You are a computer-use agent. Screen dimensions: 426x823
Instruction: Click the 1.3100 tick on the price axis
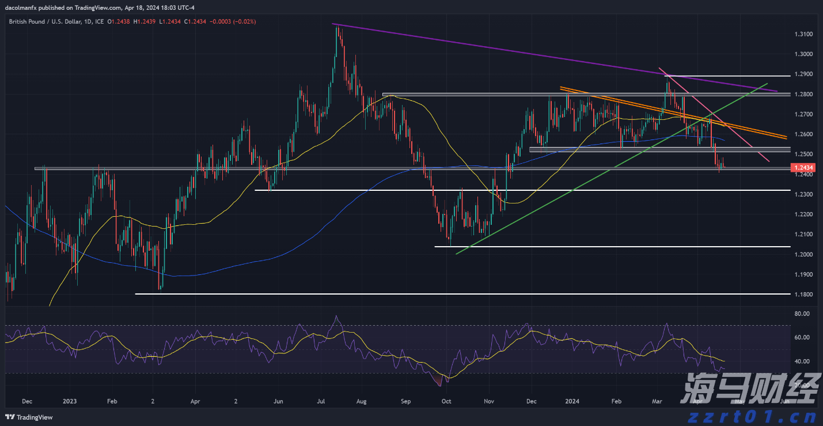[x=803, y=35]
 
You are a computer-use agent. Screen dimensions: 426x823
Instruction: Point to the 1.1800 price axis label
[x=803, y=295]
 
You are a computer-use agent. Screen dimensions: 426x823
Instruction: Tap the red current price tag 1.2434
[x=803, y=168]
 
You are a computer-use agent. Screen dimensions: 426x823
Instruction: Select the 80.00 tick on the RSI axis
[x=802, y=314]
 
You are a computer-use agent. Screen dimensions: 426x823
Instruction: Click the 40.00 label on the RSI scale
[x=802, y=361]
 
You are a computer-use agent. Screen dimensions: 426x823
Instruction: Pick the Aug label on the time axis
[x=362, y=401]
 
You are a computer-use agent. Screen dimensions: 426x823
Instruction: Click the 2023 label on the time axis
[x=69, y=401]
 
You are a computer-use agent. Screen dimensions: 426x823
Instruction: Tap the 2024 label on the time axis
[x=572, y=401]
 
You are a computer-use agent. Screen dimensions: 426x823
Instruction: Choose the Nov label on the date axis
[x=489, y=401]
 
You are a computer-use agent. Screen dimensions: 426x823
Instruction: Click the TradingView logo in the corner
[x=29, y=417]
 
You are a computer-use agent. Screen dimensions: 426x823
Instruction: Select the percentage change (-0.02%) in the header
[x=242, y=21]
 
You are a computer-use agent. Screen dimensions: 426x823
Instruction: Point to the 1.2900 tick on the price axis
[x=803, y=74]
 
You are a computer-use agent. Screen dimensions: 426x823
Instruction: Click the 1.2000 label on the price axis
[x=803, y=254]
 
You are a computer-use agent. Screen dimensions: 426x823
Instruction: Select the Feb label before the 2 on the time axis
[x=112, y=401]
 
